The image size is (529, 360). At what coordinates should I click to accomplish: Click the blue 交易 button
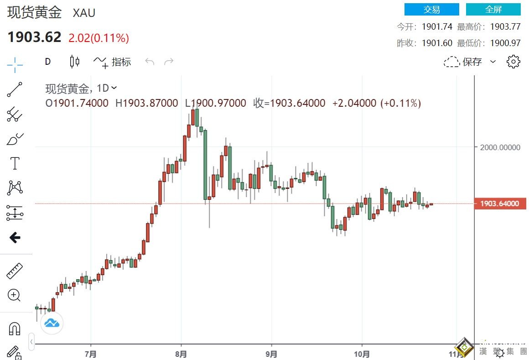(431, 9)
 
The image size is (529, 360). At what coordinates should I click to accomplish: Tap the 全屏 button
(493, 9)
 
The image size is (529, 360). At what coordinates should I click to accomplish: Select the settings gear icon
(513, 62)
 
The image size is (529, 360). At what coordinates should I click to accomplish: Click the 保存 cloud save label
(472, 62)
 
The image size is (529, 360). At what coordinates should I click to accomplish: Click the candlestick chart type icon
(75, 62)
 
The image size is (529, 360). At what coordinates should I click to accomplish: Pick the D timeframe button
(48, 62)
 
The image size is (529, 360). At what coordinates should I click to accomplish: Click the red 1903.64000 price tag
(500, 203)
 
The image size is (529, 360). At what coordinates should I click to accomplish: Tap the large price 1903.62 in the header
(34, 37)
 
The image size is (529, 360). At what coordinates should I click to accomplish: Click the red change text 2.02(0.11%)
(99, 38)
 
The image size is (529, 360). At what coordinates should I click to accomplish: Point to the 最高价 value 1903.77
(505, 26)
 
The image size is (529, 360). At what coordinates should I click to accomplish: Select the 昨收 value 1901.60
(437, 43)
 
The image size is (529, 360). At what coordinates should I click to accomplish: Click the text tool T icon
(15, 163)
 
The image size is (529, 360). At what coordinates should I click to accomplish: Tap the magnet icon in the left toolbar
(15, 329)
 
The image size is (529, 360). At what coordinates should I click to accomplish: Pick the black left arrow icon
(15, 237)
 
